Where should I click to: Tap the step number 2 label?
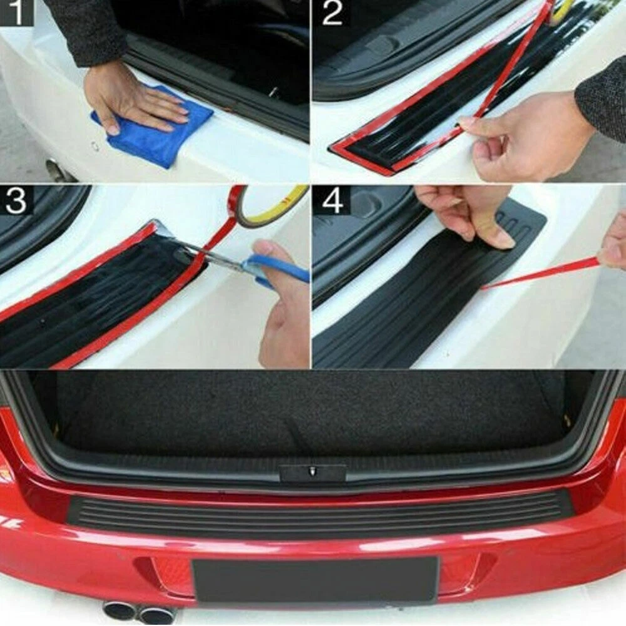click(332, 13)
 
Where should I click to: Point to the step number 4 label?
click(332, 201)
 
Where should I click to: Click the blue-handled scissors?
click(255, 264)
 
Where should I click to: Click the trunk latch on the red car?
click(312, 472)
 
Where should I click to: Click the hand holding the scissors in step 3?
click(282, 307)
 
